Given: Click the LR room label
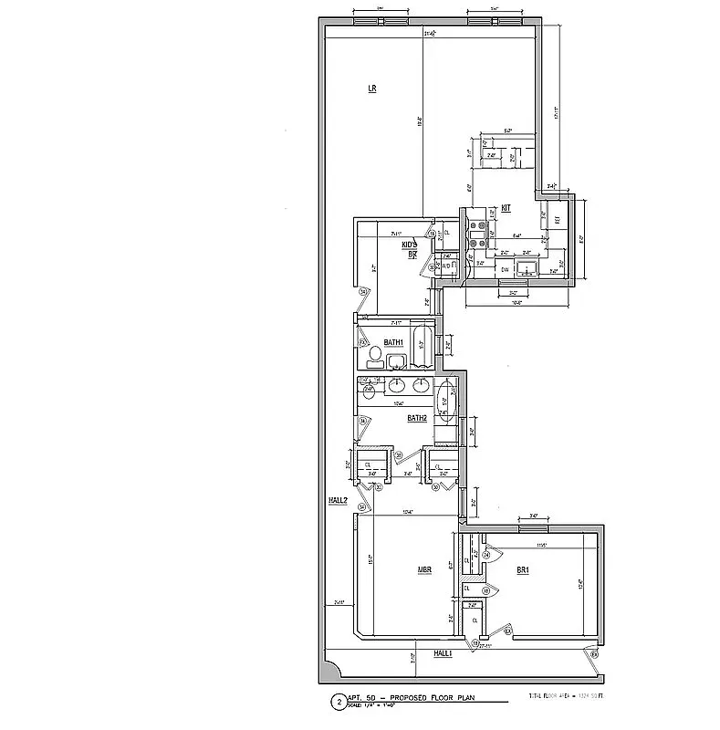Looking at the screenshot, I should tap(372, 89).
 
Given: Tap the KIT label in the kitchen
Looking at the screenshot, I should tap(506, 208).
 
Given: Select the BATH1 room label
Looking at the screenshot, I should tap(393, 342).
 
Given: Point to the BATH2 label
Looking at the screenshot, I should tap(417, 419).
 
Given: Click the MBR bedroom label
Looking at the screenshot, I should tap(424, 571).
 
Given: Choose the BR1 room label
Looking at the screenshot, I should tap(523, 571).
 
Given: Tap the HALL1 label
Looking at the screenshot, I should tap(443, 654).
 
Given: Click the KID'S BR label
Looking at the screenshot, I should tap(411, 249).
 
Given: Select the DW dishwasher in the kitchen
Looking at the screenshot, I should tap(505, 269).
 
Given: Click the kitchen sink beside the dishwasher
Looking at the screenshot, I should tap(527, 268).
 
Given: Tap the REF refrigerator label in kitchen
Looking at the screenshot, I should tap(558, 221).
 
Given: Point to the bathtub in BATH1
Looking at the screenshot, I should tap(422, 343).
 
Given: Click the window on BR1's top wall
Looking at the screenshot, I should tap(533, 526).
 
